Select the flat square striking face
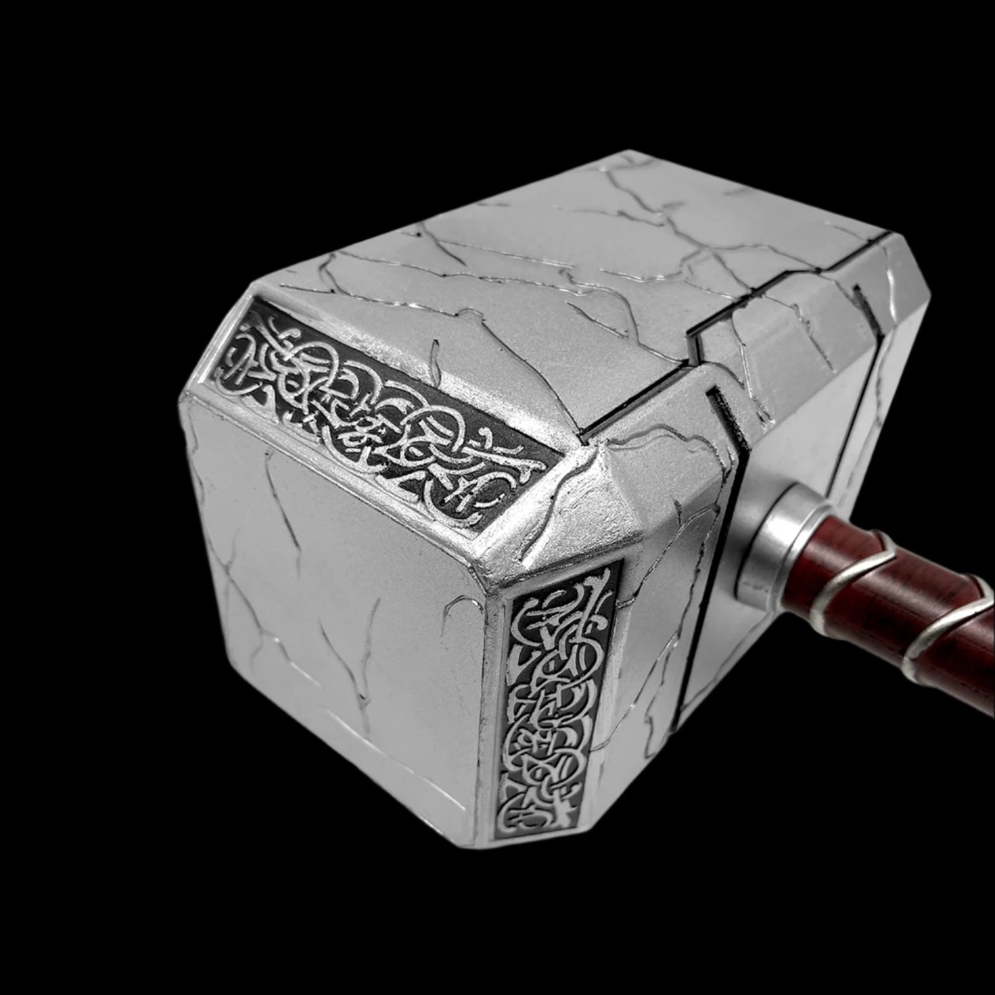tap(332, 597)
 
